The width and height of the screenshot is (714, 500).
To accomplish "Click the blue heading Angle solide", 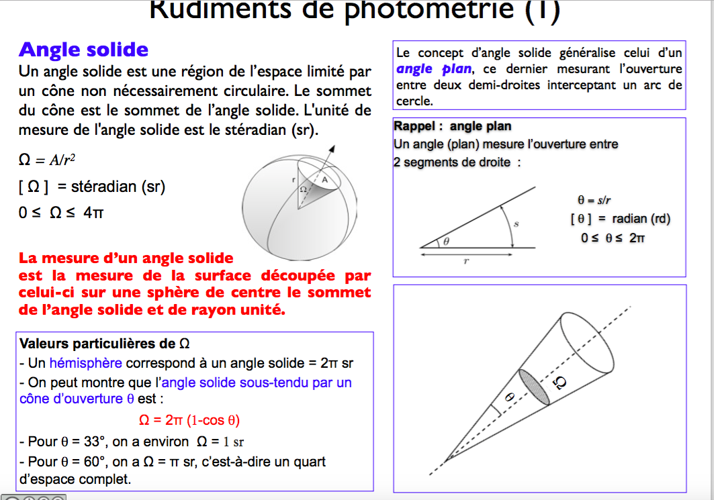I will pos(84,50).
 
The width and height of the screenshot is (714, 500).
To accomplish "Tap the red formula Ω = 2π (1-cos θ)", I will pos(189,420).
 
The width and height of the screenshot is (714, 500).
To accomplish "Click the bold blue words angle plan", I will pos(434,69).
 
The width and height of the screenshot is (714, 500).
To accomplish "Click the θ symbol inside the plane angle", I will pos(445,241).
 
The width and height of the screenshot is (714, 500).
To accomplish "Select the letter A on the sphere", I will pos(324,180).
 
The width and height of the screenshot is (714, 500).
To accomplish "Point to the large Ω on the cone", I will pos(560,383).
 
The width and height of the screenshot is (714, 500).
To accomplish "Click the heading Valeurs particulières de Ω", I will pos(105,344).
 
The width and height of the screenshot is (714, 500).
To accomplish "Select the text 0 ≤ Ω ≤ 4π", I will pos(61,213).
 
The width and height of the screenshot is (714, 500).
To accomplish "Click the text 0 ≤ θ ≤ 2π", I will pos(613,238).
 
